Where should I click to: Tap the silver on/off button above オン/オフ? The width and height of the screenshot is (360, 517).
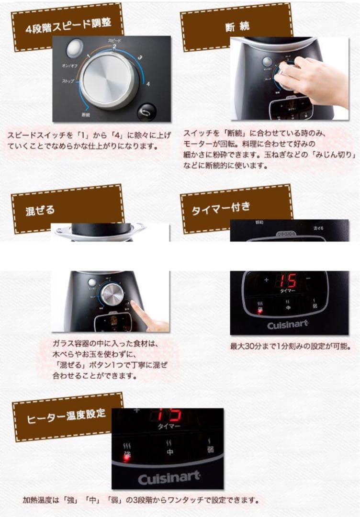[x=73, y=48]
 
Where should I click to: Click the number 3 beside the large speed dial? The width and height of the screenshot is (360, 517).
[x=140, y=58]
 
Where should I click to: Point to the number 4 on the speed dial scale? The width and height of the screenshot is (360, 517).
[x=148, y=84]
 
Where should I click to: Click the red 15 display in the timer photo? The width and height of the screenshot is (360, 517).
[x=287, y=280]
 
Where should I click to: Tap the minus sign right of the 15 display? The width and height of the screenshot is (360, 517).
[x=307, y=279]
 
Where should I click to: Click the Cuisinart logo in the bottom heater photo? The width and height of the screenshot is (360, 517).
[x=169, y=478]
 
